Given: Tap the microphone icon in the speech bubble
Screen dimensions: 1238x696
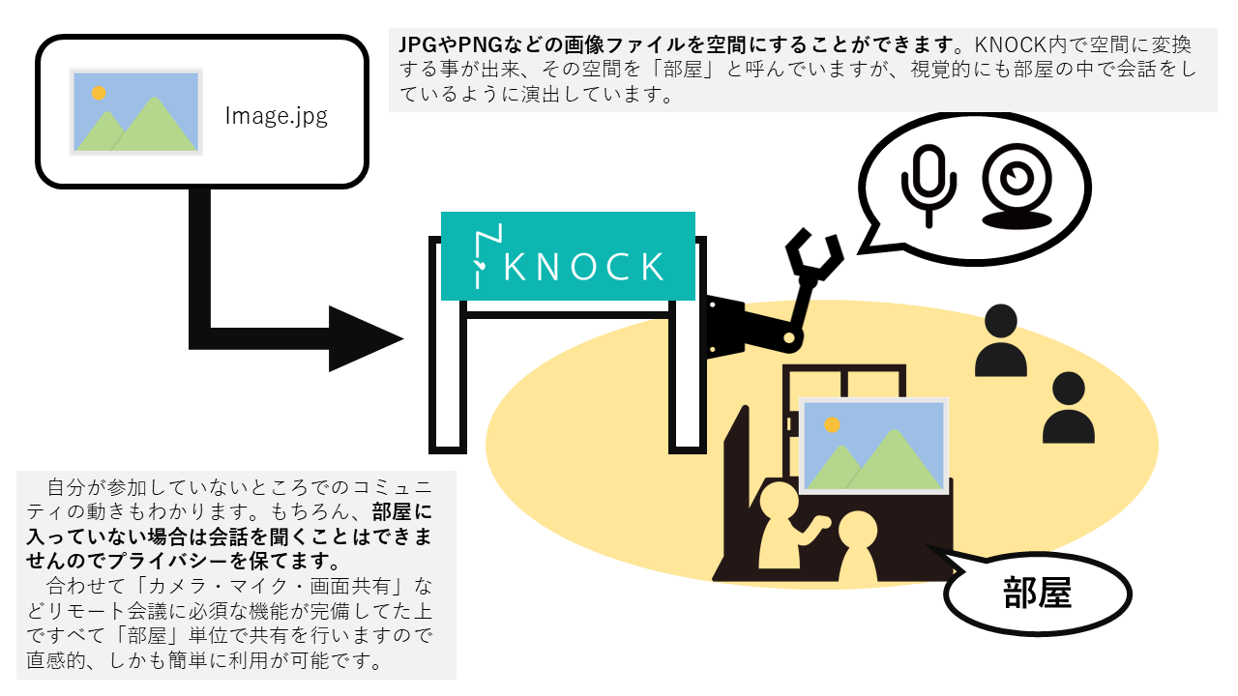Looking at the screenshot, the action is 928,186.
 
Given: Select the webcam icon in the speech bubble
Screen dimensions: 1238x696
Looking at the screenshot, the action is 1017,188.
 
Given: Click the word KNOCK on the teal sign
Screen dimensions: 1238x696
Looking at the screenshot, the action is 583,267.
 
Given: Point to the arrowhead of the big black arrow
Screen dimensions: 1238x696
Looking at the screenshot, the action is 366,338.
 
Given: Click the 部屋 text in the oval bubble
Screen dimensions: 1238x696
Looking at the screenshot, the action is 1038,593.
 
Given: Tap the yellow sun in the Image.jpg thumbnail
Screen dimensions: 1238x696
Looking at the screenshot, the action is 99,93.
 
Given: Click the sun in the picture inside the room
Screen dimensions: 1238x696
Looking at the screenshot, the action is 832,424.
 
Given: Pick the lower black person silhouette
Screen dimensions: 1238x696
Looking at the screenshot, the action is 1069,408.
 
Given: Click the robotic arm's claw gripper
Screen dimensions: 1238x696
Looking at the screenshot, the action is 813,255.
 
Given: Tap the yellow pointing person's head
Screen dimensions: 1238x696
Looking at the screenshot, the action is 780,501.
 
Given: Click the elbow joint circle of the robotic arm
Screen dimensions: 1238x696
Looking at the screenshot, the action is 790,337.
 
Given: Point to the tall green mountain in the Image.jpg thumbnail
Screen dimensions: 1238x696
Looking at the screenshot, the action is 155,126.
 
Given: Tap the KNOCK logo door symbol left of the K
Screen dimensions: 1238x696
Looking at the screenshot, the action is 486,256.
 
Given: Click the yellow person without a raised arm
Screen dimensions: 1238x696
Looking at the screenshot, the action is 858,546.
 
